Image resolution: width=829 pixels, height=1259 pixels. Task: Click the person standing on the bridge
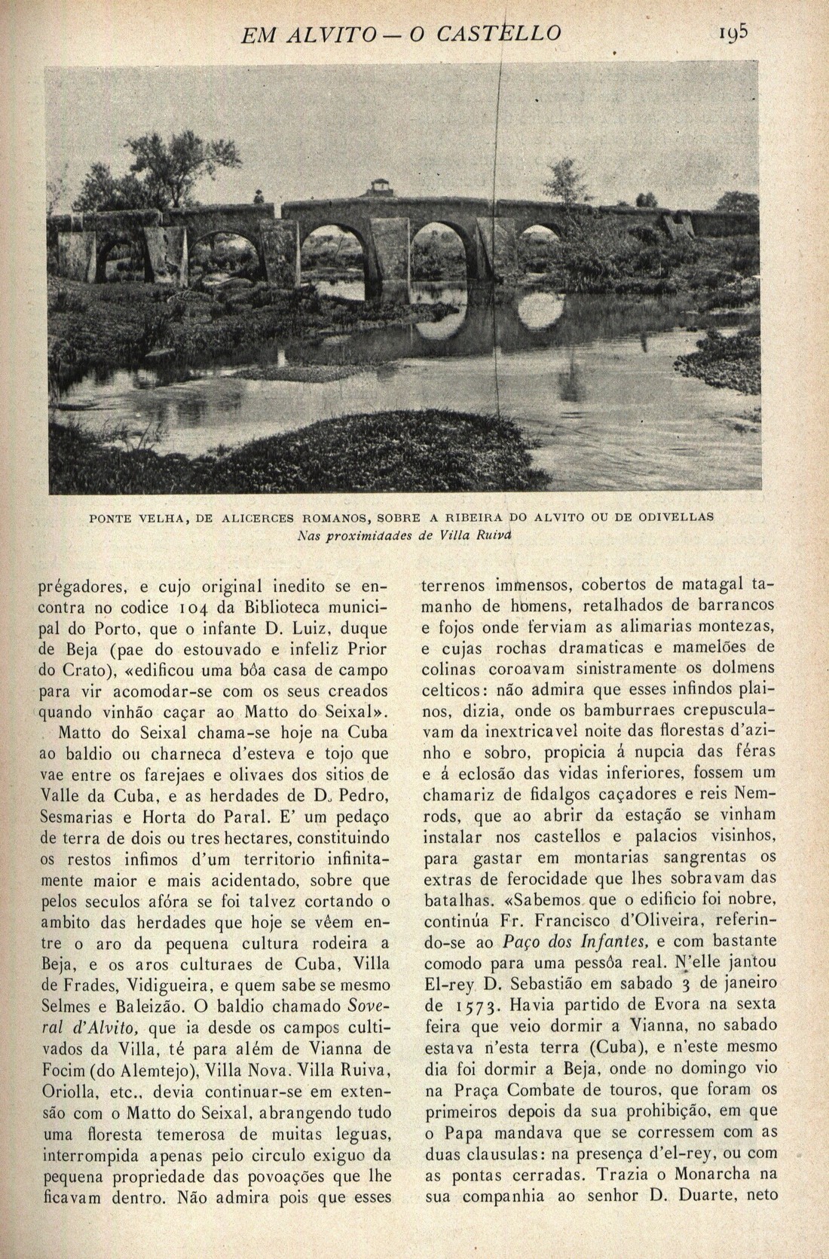(258, 198)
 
